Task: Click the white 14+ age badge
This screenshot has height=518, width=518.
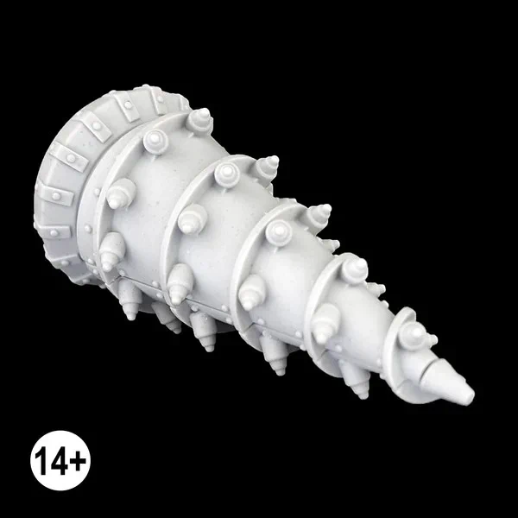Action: coord(60,460)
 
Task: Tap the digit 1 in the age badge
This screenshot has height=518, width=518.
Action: coord(41,461)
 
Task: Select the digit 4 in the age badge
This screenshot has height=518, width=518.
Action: coord(60,461)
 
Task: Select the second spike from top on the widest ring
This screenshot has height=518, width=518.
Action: coord(155,142)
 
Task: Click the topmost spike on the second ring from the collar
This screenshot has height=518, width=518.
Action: coord(267,167)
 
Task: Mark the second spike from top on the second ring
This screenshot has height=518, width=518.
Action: coord(227,174)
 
